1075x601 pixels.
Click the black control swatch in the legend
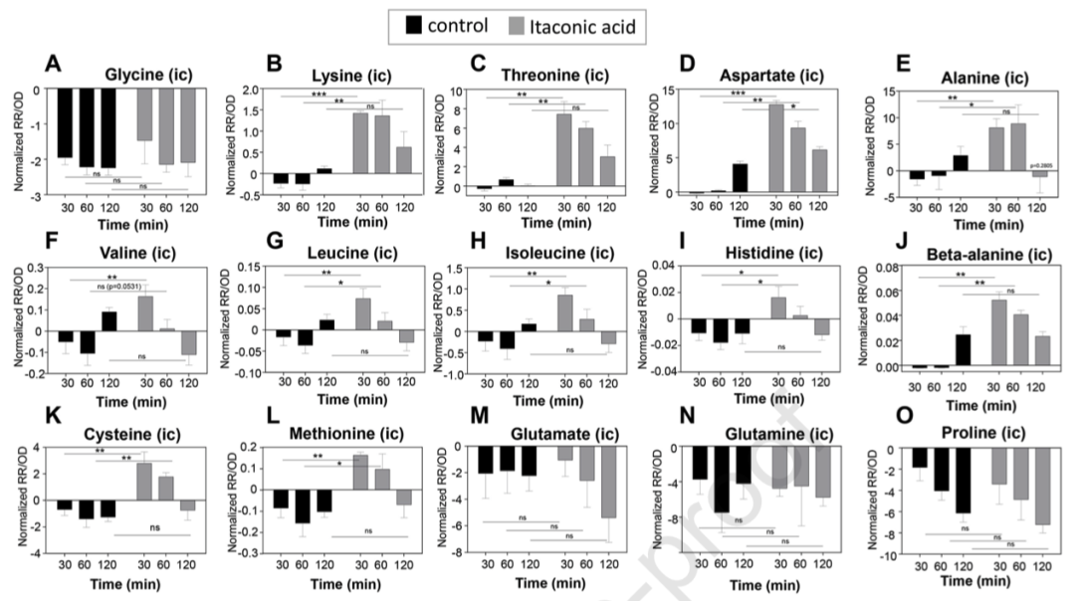(410, 25)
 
